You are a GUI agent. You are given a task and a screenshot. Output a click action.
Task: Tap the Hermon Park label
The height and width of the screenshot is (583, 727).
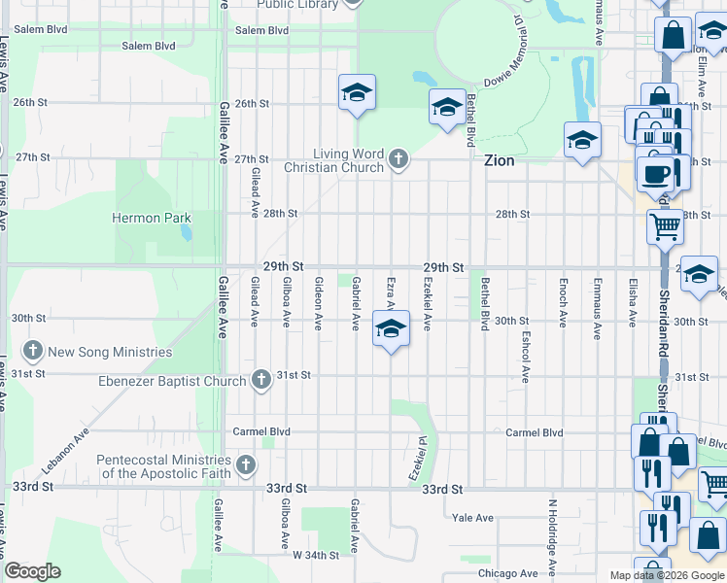point(151,219)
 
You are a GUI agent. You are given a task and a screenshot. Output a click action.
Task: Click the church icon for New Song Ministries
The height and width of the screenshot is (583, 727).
point(33,351)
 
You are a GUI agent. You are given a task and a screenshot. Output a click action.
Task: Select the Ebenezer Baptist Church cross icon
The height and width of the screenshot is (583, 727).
point(260,380)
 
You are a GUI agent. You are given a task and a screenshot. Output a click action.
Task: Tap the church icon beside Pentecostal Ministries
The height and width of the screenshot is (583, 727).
point(246,465)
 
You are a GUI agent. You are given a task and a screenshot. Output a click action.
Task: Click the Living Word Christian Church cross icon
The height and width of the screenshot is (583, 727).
point(398,159)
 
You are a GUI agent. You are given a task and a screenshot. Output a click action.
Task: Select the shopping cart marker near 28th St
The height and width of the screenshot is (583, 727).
point(665,226)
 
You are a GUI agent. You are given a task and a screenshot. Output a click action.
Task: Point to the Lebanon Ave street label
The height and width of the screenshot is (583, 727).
point(64,438)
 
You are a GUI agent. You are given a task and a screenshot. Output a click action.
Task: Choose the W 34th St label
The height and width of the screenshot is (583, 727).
point(315,555)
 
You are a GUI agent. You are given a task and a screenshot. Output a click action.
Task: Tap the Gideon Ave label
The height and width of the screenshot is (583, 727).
point(318,301)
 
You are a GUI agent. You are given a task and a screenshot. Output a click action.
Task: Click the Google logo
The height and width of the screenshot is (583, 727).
point(32,571)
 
